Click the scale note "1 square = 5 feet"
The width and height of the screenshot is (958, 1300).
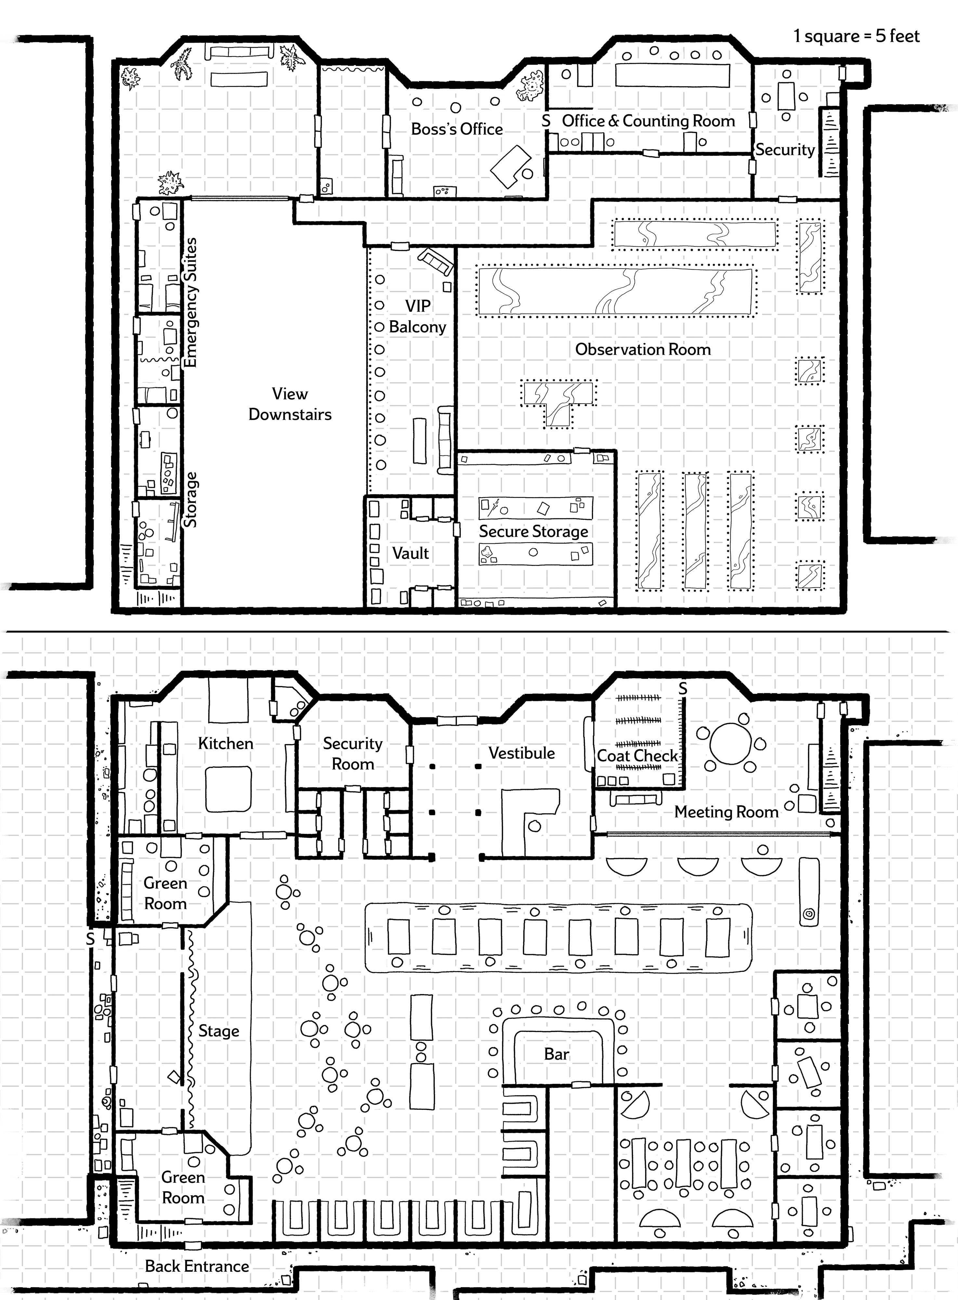pos(856,36)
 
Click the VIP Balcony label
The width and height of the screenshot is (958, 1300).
pos(417,316)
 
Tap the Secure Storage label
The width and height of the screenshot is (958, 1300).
pos(533,532)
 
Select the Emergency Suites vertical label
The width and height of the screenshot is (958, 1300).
pos(190,302)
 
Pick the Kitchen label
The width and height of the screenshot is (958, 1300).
pos(226,743)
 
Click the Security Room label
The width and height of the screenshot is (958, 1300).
pos(353,753)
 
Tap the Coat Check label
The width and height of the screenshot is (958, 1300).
pos(637,756)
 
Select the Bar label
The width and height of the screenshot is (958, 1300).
pos(557,1054)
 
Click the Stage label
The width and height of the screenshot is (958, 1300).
pos(219,1031)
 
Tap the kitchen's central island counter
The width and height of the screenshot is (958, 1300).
pos(229,788)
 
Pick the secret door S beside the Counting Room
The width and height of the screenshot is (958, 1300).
pos(546,121)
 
